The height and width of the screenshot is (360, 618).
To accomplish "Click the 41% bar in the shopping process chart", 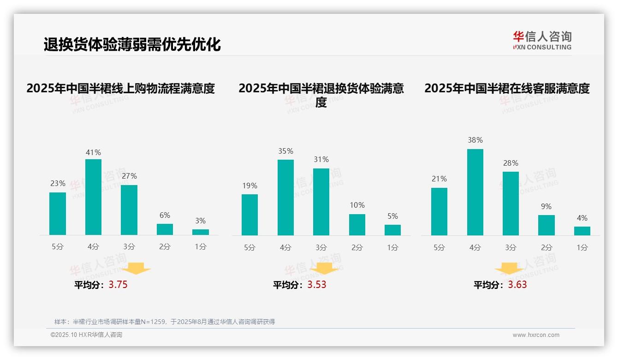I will click(x=93, y=197).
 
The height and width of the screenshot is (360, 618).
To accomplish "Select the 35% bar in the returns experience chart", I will click(x=285, y=198).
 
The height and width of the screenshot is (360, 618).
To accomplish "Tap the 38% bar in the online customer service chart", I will click(x=475, y=192).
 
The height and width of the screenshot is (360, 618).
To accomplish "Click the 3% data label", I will click(x=200, y=221).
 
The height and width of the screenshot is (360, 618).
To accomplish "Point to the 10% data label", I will click(x=357, y=205).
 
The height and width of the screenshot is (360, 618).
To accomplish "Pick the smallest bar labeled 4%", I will click(x=582, y=231).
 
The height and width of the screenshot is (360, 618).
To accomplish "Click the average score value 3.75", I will click(x=118, y=285).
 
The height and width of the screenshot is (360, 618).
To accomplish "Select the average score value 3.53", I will click(x=317, y=285).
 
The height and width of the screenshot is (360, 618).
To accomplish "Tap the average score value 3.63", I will click(x=517, y=285).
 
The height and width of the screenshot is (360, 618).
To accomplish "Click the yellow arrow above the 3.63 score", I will click(x=509, y=269).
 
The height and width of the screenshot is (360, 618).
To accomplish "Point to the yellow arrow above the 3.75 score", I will click(x=136, y=268).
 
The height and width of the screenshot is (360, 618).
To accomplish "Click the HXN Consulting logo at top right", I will click(x=542, y=40).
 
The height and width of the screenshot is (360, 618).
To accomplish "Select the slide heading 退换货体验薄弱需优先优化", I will click(x=132, y=45).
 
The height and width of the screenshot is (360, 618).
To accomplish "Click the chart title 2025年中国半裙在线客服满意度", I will click(x=507, y=88).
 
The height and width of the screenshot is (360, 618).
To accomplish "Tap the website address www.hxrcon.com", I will click(x=536, y=335).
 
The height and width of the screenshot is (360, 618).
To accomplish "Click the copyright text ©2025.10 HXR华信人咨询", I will click(x=86, y=335).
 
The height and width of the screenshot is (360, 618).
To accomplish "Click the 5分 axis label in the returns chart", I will click(x=250, y=247).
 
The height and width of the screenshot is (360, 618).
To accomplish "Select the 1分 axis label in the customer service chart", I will click(x=582, y=247).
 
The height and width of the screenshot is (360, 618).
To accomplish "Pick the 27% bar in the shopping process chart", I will click(x=129, y=210).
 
